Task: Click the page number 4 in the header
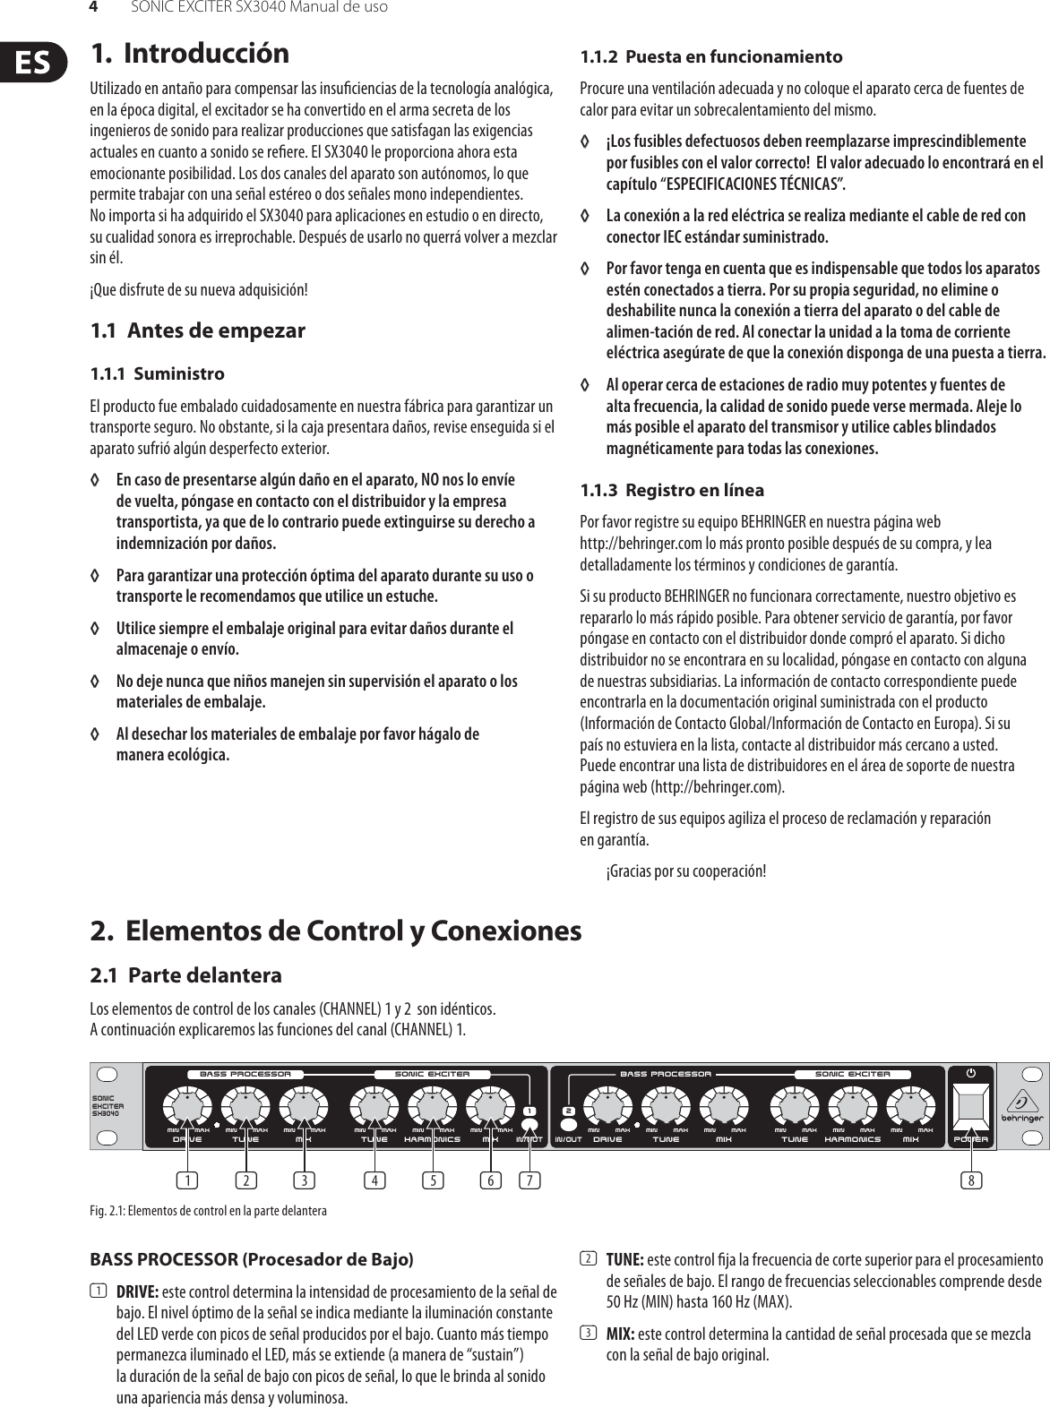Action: (91, 7)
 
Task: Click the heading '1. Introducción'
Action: (190, 53)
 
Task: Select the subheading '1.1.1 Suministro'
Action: (158, 373)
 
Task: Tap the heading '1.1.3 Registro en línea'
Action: (672, 491)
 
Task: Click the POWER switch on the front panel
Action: (971, 1106)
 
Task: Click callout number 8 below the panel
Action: (971, 1180)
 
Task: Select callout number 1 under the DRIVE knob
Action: (187, 1180)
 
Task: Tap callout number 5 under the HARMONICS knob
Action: (434, 1180)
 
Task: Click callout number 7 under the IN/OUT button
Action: (531, 1180)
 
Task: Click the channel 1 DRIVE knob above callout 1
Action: (187, 1108)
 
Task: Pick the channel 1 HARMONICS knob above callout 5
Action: (433, 1108)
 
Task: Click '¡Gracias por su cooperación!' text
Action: (685, 871)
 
